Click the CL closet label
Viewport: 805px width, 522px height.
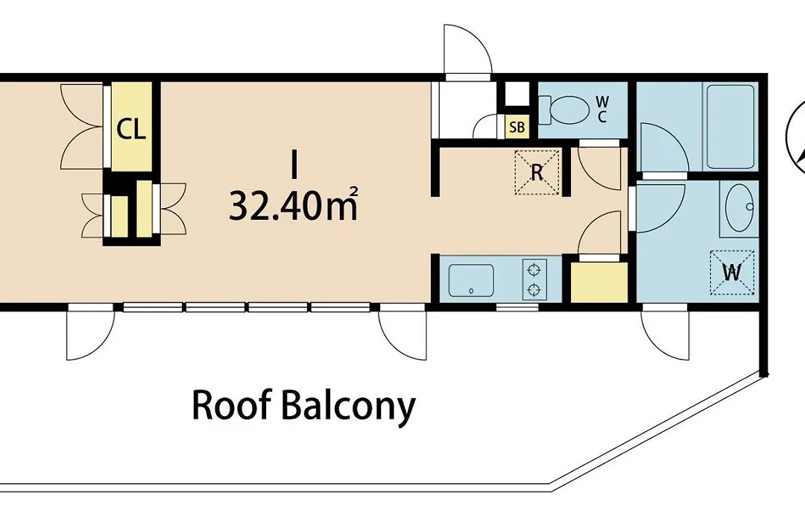pos(131,129)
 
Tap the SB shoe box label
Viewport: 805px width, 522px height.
pos(517,127)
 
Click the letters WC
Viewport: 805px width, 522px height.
pos(602,110)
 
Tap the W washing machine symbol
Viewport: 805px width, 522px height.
pos(732,272)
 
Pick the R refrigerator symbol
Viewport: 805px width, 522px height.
pos(537,172)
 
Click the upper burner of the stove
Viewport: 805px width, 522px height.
pos(534,269)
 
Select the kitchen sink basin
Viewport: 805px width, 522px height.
pos(471,280)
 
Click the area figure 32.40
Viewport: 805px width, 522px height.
pos(277,206)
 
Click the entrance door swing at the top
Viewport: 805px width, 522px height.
pos(467,49)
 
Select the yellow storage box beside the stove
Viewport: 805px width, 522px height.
pos(599,282)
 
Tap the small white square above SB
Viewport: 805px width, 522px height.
pos(517,93)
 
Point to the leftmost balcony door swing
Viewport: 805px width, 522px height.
pos(90,335)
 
